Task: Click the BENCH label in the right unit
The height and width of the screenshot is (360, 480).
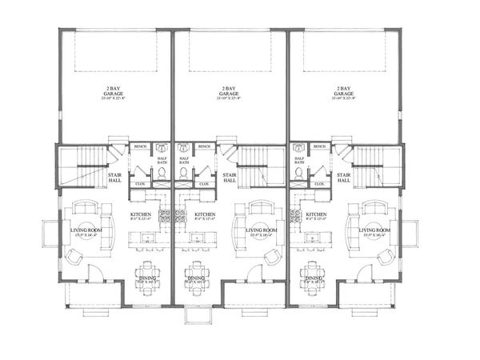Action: point(320,146)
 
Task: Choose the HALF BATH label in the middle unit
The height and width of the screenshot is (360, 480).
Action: point(184,160)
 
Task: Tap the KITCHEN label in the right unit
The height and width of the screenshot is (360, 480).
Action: point(315,216)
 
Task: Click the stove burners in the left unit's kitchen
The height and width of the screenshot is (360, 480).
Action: point(166,217)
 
